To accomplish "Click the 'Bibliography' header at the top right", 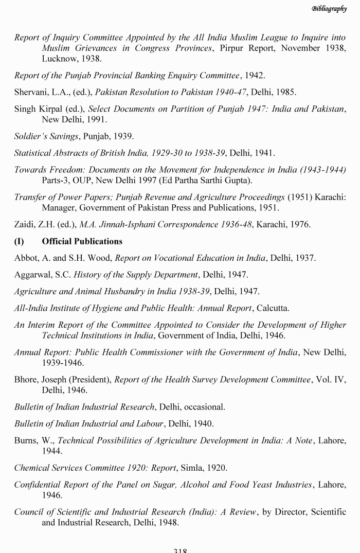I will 329,8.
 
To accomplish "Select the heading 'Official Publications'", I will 82,241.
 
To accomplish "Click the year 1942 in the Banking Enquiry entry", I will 255,76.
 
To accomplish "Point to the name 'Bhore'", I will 26,380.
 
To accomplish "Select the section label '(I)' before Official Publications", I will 20,241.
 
